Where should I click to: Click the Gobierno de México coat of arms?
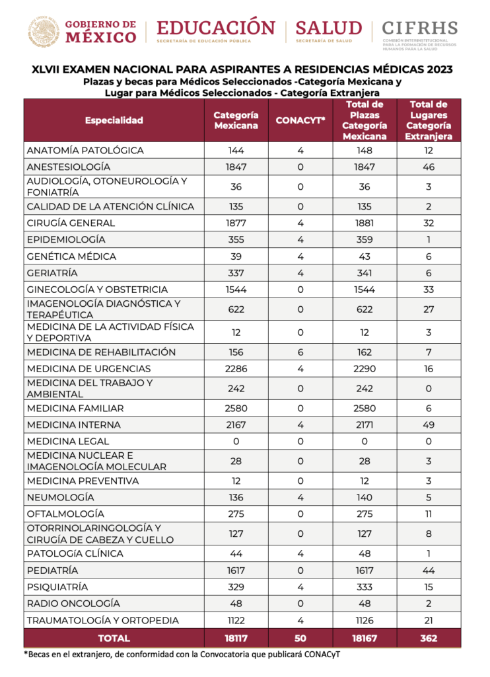pyautogui.click(x=44, y=30)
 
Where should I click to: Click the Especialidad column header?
pyautogui.click(x=114, y=120)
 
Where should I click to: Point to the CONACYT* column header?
pyautogui.click(x=300, y=120)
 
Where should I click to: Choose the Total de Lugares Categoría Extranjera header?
pyautogui.click(x=429, y=120)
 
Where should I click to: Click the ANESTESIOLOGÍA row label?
pyautogui.click(x=69, y=167)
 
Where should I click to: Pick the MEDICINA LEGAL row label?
pyautogui.click(x=68, y=441)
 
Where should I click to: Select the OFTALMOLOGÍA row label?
pyautogui.click(x=65, y=514)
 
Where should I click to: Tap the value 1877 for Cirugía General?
pyautogui.click(x=236, y=223)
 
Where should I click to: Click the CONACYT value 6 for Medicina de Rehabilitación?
pyautogui.click(x=300, y=352)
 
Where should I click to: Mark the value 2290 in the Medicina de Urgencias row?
pyautogui.click(x=365, y=369)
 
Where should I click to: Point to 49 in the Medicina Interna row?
pyautogui.click(x=429, y=424)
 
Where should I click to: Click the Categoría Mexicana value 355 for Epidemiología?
pyautogui.click(x=236, y=239)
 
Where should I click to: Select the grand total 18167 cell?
pyautogui.click(x=365, y=639)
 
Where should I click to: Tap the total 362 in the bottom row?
pyautogui.click(x=429, y=639)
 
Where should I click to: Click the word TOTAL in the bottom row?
pyautogui.click(x=114, y=639)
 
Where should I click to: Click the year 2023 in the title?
pyautogui.click(x=436, y=69)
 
